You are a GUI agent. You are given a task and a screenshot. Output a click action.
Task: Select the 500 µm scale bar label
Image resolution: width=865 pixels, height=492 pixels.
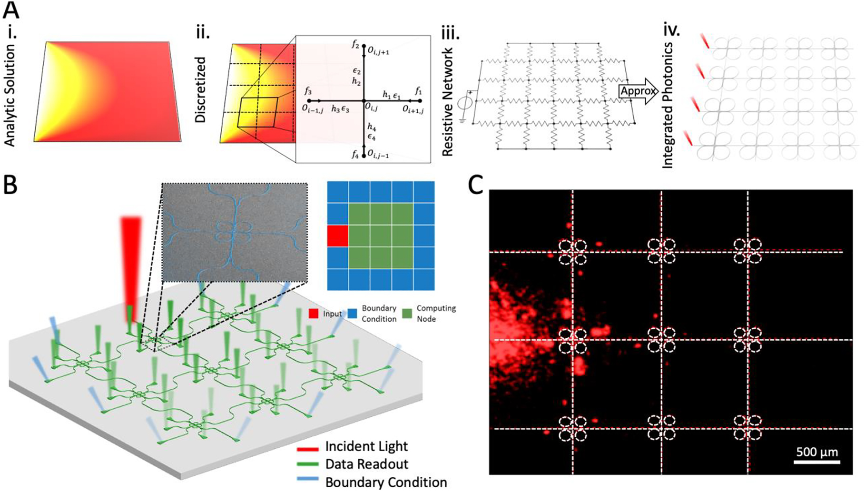pyautogui.click(x=817, y=452)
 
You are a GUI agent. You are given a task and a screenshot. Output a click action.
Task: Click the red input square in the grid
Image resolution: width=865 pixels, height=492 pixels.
pyautogui.click(x=338, y=236)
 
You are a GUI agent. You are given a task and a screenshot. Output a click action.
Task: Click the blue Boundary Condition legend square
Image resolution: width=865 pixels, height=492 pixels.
pyautogui.click(x=353, y=314)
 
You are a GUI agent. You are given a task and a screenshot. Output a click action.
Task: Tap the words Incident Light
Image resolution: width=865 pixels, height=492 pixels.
pyautogui.click(x=366, y=446)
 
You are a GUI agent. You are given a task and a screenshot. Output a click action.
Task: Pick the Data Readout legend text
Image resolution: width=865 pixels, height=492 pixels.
pyautogui.click(x=366, y=464)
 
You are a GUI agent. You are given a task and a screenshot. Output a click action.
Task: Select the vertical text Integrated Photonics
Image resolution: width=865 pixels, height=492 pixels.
pyautogui.click(x=668, y=105)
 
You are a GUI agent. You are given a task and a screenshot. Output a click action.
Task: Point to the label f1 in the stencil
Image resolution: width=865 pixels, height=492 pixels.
pyautogui.click(x=418, y=90)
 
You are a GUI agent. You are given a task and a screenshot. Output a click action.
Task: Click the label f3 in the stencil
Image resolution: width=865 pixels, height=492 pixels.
pyautogui.click(x=309, y=90)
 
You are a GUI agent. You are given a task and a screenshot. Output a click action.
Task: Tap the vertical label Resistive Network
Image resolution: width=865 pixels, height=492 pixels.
pyautogui.click(x=448, y=103)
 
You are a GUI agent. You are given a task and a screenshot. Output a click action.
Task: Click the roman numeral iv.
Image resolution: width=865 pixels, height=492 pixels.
pyautogui.click(x=671, y=31)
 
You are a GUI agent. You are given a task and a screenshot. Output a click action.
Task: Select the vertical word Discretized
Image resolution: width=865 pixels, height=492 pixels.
pyautogui.click(x=201, y=90)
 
